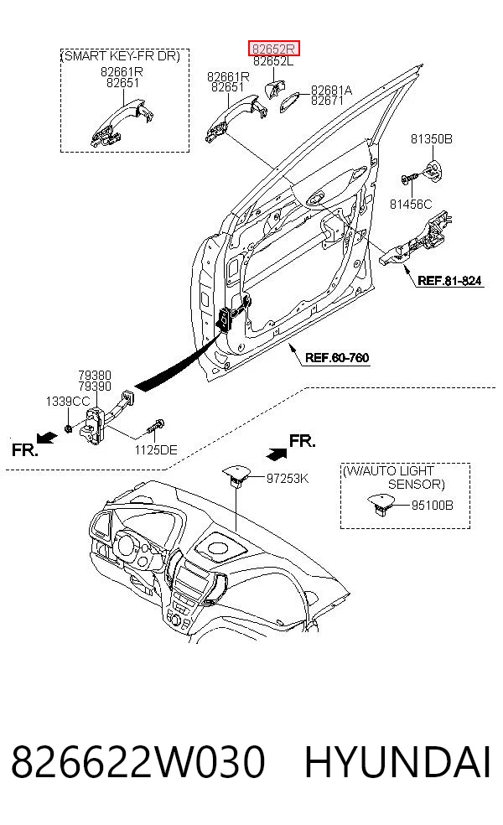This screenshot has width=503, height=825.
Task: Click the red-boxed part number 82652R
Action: [273, 49]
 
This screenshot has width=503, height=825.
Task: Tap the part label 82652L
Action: [273, 61]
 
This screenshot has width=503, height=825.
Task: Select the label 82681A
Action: [331, 91]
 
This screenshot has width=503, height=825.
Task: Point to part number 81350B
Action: [432, 139]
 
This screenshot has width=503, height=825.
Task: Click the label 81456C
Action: [411, 204]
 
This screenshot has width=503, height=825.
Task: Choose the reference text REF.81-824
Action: [450, 280]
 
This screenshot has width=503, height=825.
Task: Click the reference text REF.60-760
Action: [337, 358]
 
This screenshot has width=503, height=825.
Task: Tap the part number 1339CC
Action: [68, 402]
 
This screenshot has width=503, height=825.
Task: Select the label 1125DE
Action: [156, 450]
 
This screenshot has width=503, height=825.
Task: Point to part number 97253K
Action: [288, 479]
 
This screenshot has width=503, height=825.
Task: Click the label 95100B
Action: [432, 505]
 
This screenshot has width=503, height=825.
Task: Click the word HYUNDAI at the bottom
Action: [397, 762]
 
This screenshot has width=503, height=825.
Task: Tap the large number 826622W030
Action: [137, 762]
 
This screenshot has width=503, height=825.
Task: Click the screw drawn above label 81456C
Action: [409, 178]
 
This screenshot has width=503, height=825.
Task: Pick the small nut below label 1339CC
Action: [68, 428]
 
